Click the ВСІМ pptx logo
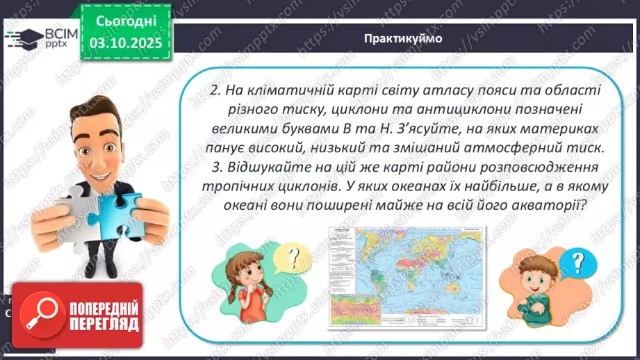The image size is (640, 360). pos(39,39)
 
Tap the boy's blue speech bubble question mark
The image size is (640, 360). pos(576,262)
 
